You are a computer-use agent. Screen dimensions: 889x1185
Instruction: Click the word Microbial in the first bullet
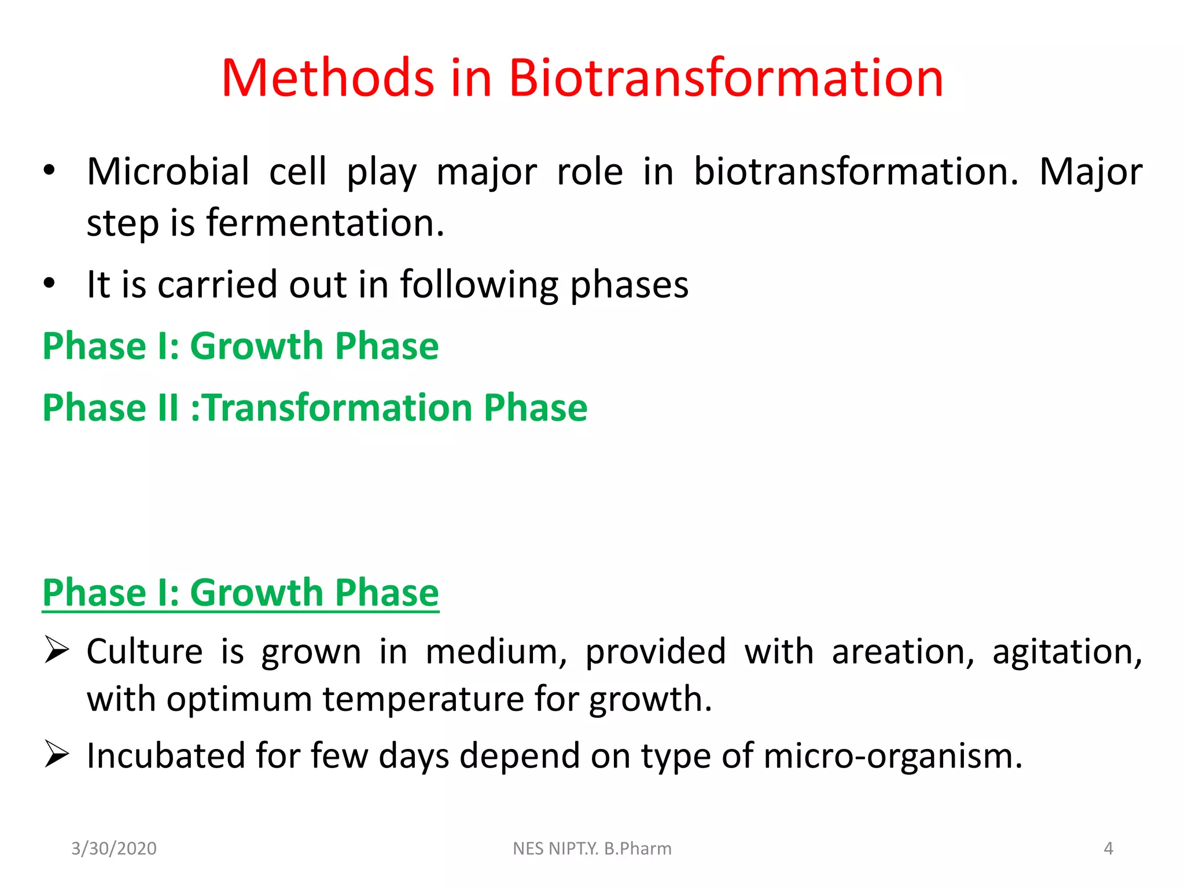[168, 172]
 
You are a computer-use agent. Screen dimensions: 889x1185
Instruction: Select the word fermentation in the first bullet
[325, 223]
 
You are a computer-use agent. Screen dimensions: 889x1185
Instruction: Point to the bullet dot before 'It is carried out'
[49, 284]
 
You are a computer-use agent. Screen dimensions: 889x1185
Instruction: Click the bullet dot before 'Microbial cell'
[49, 171]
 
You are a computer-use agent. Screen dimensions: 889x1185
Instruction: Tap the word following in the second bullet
[480, 285]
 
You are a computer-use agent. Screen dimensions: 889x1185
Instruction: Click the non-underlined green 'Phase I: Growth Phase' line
[241, 346]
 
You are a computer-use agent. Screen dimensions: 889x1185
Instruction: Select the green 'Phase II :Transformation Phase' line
[315, 407]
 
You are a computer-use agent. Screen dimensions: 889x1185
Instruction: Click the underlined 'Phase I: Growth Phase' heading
[241, 593]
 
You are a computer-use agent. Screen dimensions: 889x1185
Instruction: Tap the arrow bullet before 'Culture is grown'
[57, 651]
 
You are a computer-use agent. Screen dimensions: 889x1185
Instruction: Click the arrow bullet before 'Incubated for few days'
[57, 755]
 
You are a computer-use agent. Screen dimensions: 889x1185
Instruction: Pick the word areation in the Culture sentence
[903, 652]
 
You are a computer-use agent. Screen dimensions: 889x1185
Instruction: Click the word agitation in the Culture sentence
[1067, 652]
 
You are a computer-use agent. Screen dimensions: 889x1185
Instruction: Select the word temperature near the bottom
[423, 699]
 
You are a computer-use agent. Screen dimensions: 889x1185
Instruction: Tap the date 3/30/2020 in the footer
[114, 848]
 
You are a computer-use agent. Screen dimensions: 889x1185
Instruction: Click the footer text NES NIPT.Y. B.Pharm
[592, 848]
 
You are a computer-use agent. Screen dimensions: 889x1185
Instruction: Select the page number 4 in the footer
[1108, 848]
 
